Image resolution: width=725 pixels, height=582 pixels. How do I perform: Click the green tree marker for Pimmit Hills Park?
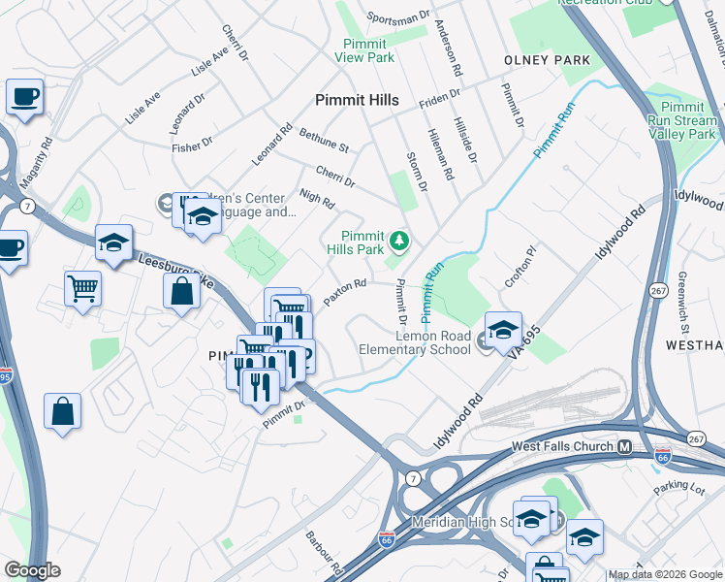[x=397, y=240]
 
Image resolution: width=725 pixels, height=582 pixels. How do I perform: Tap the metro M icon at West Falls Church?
[x=625, y=446]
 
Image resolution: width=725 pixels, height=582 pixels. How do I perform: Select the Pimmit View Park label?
[x=364, y=50]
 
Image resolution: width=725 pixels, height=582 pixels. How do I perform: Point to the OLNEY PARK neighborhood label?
[x=547, y=60]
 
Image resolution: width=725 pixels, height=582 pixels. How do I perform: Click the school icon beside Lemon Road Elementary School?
[x=503, y=332]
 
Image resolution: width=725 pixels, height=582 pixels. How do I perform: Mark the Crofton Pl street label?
[x=520, y=267]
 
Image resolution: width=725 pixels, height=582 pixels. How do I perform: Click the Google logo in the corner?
[x=32, y=570]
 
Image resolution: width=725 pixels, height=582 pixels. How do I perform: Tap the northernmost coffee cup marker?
[x=24, y=97]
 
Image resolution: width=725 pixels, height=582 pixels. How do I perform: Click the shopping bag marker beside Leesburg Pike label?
[x=181, y=291]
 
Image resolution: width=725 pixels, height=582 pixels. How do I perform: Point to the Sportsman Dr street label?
[x=398, y=17]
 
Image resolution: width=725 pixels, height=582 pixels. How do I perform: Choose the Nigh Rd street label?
[x=317, y=201]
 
